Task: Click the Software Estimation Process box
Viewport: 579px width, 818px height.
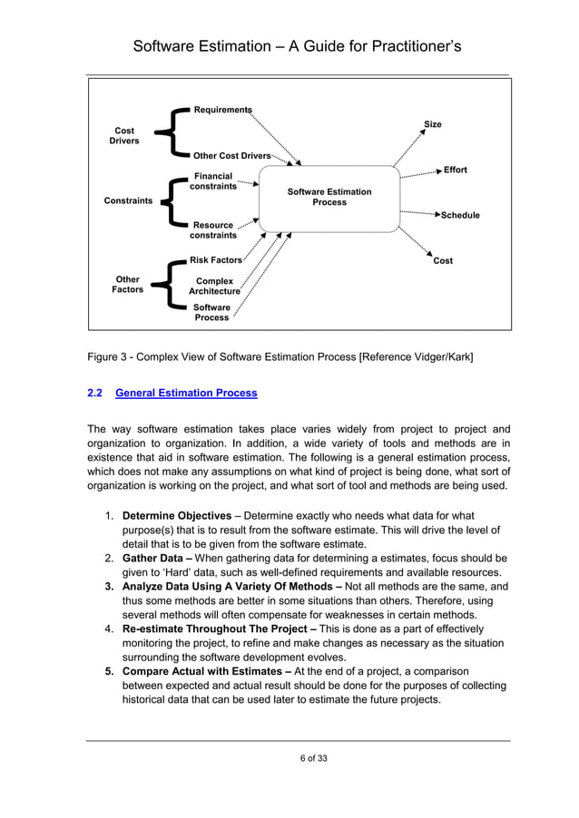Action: click(x=329, y=198)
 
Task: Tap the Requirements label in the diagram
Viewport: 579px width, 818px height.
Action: click(x=222, y=110)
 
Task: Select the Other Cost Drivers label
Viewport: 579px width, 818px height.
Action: click(x=232, y=156)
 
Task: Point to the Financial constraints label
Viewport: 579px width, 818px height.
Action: click(x=213, y=181)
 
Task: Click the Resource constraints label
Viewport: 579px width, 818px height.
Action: click(x=213, y=230)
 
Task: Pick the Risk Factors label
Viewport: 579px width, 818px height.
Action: click(x=216, y=260)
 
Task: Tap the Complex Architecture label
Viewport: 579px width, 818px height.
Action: click(x=214, y=287)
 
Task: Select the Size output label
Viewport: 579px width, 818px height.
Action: click(x=433, y=124)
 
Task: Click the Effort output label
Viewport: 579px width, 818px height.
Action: click(x=456, y=170)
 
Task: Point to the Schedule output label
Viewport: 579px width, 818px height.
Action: click(x=460, y=216)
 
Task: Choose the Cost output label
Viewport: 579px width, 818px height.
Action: click(x=443, y=261)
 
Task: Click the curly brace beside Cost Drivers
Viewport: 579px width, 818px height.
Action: click(x=165, y=134)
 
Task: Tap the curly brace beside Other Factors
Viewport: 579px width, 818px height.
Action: click(x=165, y=287)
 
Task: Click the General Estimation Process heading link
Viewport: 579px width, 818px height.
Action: click(x=187, y=394)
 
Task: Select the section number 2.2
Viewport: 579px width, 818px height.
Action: click(x=93, y=394)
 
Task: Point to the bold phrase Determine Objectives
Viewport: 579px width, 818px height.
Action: click(x=177, y=517)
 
